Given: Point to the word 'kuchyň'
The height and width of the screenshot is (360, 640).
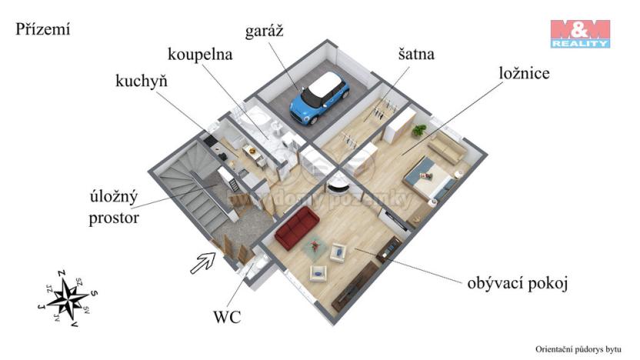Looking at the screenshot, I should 142,81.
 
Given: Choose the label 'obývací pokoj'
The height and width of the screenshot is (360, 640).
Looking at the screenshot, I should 517,283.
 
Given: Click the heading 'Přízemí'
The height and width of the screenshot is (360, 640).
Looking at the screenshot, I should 42,30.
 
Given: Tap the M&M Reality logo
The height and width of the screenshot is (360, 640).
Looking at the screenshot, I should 579,34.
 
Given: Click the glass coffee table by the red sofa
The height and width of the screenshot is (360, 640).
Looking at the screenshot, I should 313,247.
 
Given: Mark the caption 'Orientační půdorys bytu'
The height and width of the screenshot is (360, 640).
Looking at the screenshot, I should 578,348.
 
